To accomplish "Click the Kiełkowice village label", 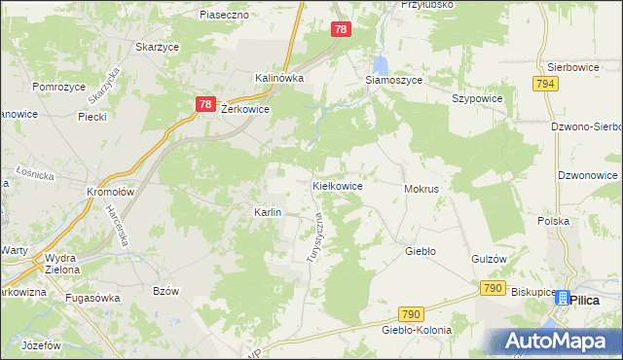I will [337, 185].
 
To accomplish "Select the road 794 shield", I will [545, 85].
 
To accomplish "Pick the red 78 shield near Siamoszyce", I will [340, 30].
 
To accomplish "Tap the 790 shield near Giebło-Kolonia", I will [411, 313].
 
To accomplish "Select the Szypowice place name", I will [475, 98].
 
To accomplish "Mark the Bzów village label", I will [167, 291].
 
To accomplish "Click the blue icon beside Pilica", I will [562, 300].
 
